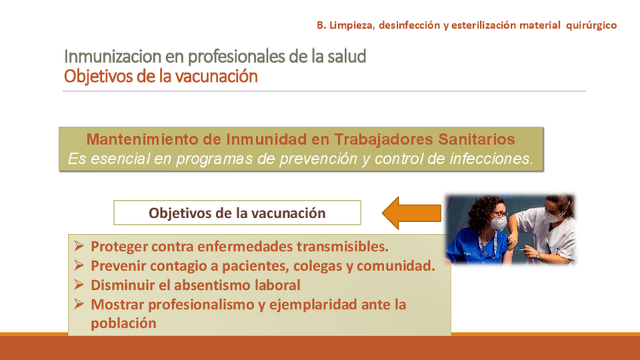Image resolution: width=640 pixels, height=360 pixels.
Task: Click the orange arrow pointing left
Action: point(411,213)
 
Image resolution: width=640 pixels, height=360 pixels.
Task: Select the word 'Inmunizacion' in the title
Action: point(113,57)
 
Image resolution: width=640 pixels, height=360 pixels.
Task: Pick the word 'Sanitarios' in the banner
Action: point(476,139)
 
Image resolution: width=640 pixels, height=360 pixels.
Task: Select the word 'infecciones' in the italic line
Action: point(491,158)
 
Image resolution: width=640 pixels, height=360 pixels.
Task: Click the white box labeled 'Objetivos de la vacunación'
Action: point(237,213)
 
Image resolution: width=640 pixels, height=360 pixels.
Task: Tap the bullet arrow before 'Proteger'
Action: point(78,246)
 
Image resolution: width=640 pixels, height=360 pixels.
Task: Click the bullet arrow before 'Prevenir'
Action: point(78,266)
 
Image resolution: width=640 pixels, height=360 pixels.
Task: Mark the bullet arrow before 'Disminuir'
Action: point(78,285)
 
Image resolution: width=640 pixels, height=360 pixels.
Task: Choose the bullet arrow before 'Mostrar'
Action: point(78,303)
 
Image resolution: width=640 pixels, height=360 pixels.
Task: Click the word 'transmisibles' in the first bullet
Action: point(342,247)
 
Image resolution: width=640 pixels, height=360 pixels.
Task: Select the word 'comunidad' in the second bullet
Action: point(395,266)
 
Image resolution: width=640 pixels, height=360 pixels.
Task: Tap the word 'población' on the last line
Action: point(123,323)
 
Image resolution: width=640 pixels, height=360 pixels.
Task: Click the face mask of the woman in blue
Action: point(498,223)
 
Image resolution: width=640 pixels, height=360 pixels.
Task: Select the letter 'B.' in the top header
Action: point(322,26)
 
